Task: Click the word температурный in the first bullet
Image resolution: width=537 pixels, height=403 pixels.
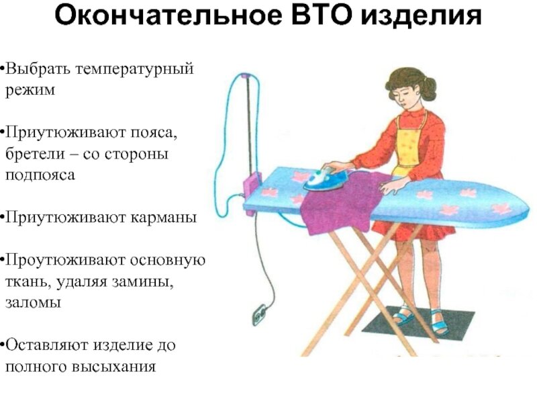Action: click(x=134, y=69)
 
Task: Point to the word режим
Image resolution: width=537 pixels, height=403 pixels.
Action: click(x=30, y=90)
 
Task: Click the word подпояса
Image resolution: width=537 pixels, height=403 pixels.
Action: click(x=40, y=175)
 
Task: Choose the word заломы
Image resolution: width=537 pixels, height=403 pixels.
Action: click(x=33, y=303)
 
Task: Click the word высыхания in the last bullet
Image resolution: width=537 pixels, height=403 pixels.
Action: click(x=114, y=367)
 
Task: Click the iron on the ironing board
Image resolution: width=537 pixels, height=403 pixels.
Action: click(x=326, y=179)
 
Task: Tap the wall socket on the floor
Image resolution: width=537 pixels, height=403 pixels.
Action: click(x=259, y=314)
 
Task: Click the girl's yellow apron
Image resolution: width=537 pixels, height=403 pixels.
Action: click(x=409, y=144)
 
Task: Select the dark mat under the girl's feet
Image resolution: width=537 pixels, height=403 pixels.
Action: click(x=418, y=321)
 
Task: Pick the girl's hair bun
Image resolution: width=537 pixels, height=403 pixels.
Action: click(x=429, y=88)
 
